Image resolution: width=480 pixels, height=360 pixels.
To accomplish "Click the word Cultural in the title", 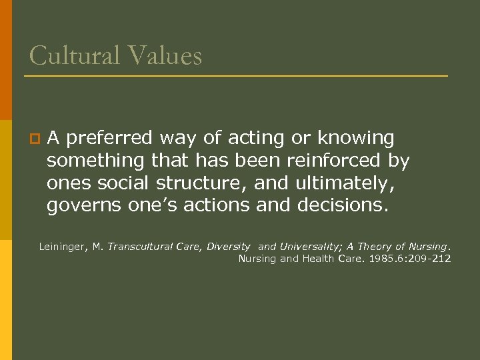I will pos(73,55).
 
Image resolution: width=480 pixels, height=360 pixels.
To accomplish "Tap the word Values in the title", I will pos(165,55).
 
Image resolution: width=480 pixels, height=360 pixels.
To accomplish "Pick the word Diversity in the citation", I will pos(229,247).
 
